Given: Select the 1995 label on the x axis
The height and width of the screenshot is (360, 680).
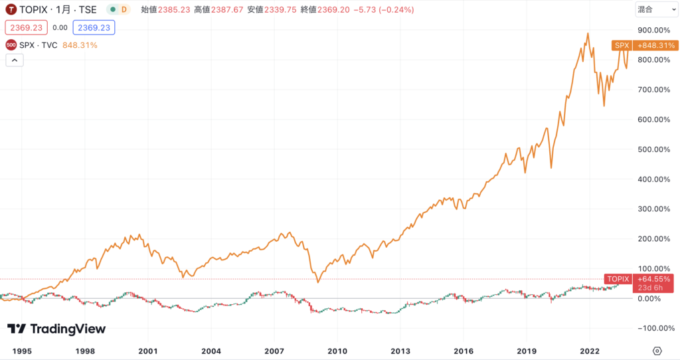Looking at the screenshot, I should [x=22, y=350].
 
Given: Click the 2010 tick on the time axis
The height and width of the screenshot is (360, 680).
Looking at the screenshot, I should [x=338, y=350].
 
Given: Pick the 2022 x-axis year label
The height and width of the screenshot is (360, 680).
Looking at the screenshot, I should [x=590, y=350].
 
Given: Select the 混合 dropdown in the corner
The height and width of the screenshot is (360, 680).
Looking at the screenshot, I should [x=653, y=9].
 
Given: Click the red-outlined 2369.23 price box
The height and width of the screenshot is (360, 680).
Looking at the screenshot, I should [x=26, y=28].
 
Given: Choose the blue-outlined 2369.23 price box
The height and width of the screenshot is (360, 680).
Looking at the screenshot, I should [x=94, y=28].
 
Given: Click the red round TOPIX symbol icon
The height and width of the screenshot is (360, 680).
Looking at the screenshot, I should [x=11, y=10].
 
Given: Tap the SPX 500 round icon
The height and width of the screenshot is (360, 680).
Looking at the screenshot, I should [x=11, y=45].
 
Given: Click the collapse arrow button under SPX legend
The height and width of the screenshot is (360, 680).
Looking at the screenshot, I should [x=15, y=60].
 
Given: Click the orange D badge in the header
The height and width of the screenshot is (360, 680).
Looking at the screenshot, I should [x=124, y=10].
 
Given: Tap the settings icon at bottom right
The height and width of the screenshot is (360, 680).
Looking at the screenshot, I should [x=657, y=350].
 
